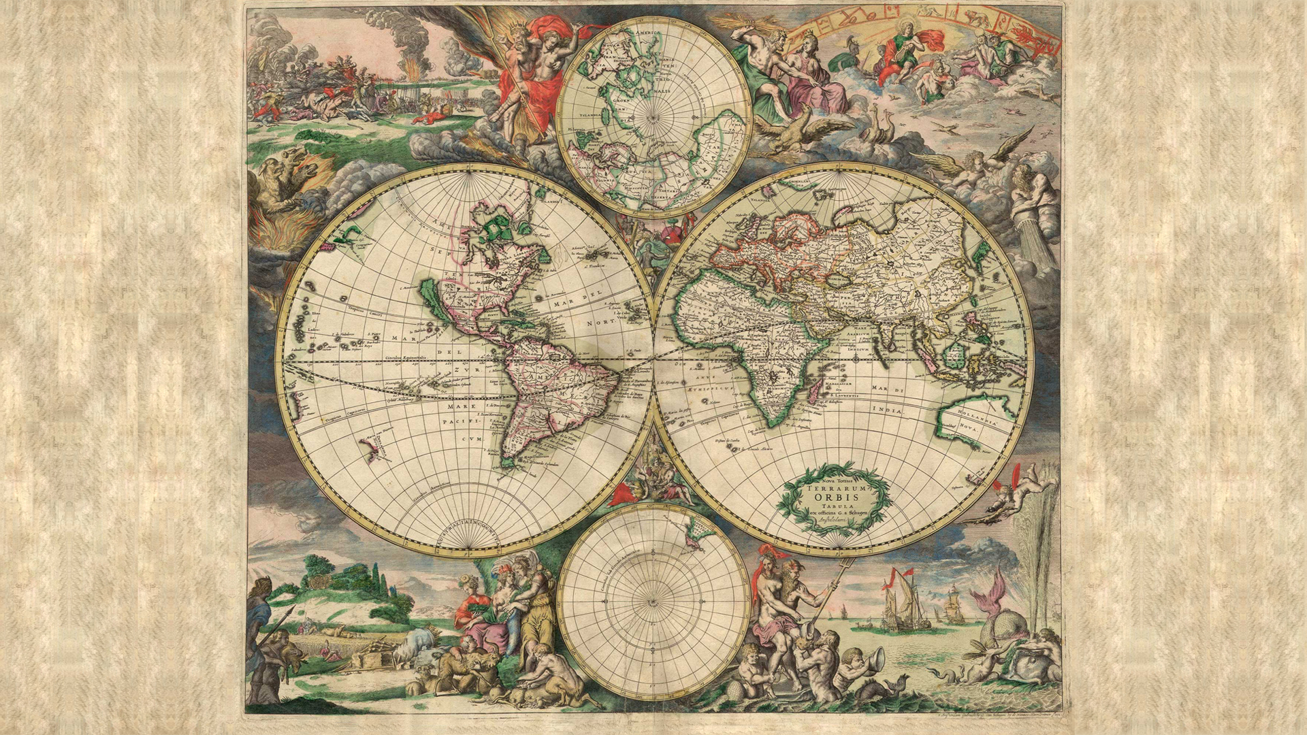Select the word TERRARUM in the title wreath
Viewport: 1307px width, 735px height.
835,487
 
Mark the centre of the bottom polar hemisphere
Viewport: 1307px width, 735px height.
653,602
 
